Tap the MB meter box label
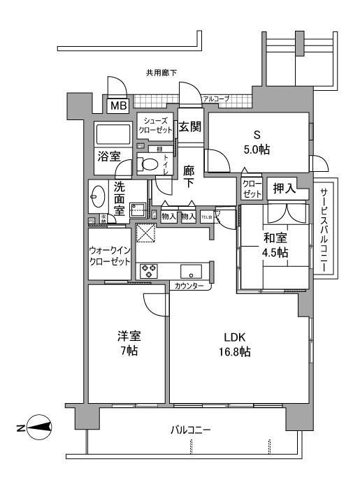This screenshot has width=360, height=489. click(x=116, y=107)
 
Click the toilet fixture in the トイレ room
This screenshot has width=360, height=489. click(x=148, y=165)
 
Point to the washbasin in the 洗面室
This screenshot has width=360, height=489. click(x=96, y=198)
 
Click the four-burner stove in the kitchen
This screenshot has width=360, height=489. click(x=148, y=271)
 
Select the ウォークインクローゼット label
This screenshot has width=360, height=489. click(x=110, y=256)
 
